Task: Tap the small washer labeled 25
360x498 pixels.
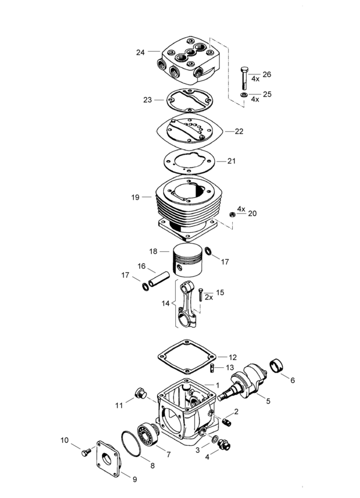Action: [x=244, y=95]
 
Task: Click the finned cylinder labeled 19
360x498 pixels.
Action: [x=187, y=204]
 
